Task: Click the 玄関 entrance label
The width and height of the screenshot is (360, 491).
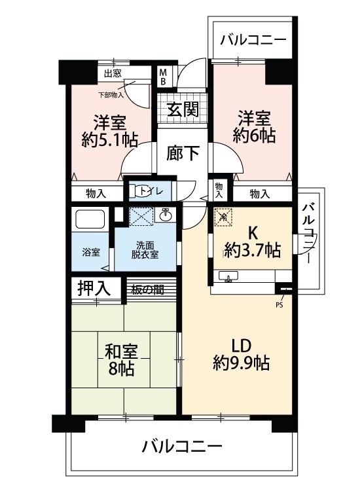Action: [183, 109]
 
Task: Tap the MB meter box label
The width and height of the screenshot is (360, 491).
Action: [163, 77]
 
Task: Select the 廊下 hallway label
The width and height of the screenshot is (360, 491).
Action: [183, 153]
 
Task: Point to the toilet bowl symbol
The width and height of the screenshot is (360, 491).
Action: [136, 191]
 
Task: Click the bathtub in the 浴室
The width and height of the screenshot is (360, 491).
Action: [90, 219]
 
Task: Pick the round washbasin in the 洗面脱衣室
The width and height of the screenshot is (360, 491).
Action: [165, 215]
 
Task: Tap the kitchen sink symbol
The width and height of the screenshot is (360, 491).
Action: [228, 276]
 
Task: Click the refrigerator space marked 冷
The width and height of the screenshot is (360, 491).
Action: [223, 217]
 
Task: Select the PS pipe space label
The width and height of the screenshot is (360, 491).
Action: [279, 304]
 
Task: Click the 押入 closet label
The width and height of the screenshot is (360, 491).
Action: [94, 289]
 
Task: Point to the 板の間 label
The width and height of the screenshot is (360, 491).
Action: [147, 290]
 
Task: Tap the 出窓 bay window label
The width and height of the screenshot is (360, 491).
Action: [113, 73]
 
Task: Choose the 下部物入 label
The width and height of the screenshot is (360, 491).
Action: [111, 94]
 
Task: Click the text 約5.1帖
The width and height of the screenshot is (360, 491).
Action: [109, 139]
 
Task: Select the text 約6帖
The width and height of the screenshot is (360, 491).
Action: [254, 136]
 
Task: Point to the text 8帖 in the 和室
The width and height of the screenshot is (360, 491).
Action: [121, 369]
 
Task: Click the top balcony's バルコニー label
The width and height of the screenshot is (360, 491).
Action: [253, 40]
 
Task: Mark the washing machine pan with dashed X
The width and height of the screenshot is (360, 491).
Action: [141, 217]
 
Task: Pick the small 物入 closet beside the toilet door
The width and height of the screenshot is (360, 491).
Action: [219, 191]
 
